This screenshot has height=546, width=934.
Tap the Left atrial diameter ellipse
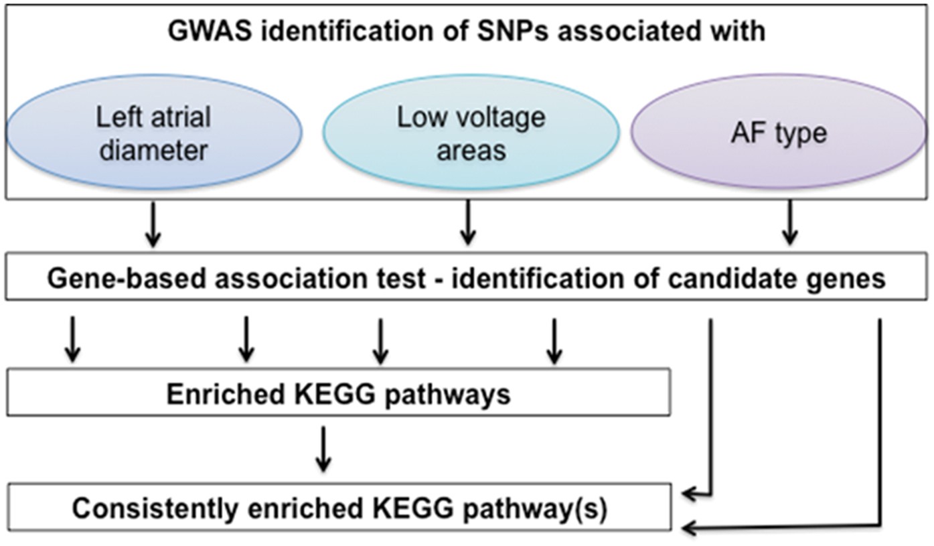[153, 134]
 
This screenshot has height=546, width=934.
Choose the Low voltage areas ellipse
[471, 134]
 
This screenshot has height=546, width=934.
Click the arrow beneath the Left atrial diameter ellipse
[153, 225]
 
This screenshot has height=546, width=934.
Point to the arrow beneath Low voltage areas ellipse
[468, 225]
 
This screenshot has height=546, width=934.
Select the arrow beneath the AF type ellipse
[791, 225]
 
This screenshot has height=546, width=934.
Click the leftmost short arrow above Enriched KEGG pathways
[73, 341]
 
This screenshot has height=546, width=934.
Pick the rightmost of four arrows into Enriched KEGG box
[553, 341]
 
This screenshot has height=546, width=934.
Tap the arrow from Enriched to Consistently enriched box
[323, 449]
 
